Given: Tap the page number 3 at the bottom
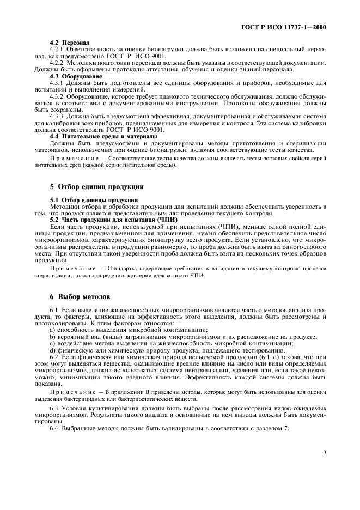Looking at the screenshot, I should [325, 452].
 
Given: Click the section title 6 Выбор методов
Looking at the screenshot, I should [80, 297].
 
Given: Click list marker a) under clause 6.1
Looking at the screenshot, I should [52, 330].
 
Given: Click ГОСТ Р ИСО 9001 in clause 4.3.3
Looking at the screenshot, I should [137, 130].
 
